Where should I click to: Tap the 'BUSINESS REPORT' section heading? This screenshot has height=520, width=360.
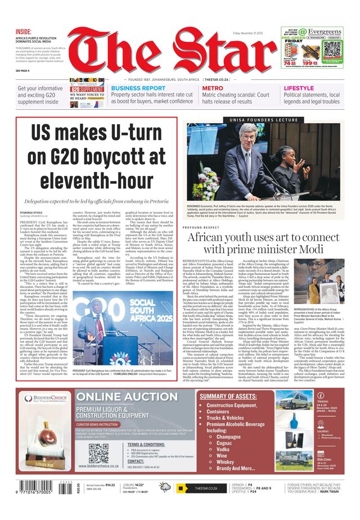coord(138,88)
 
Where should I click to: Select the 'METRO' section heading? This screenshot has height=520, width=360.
coord(213,88)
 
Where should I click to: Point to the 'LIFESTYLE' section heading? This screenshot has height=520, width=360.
coord(299,88)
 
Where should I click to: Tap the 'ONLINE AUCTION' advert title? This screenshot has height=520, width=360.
coord(130,399)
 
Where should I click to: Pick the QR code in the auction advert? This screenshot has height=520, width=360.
coord(98,453)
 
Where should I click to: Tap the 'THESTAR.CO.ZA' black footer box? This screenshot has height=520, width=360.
coord(201,489)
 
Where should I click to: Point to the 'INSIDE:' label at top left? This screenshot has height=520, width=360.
coord(24,31)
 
